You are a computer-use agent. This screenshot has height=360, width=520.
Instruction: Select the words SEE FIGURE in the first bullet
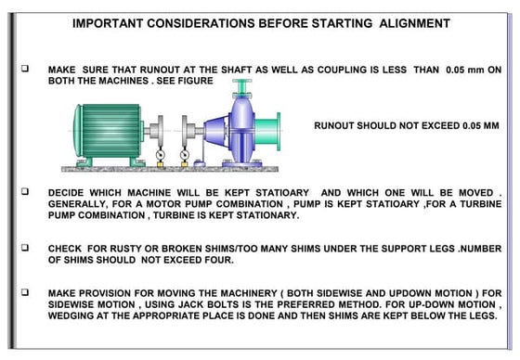[185, 82]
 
